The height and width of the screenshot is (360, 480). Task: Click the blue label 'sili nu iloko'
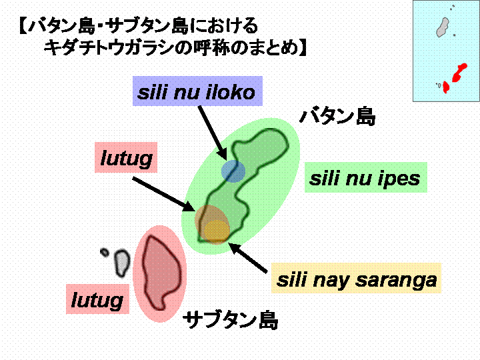[197, 91]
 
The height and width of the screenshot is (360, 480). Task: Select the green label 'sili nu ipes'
[365, 177]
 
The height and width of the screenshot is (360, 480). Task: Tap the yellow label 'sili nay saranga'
[356, 278]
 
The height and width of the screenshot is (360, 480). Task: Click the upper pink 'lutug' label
[126, 157]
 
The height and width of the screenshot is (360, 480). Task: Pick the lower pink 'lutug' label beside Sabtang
[97, 299]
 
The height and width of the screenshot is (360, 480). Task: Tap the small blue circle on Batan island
[233, 171]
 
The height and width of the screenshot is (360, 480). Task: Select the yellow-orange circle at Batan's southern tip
[217, 232]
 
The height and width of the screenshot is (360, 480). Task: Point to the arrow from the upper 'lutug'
[164, 195]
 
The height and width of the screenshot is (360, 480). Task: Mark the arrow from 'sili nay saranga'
[248, 257]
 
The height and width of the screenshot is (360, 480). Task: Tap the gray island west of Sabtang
[121, 263]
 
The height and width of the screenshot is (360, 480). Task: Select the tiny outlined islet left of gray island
[105, 252]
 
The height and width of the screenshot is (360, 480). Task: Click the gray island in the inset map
[443, 27]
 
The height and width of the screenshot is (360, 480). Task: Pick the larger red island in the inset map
[459, 73]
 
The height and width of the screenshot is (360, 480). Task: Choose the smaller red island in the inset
[446, 87]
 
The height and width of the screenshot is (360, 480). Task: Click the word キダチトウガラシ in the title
[113, 48]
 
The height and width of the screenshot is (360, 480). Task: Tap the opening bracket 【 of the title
[23, 26]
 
